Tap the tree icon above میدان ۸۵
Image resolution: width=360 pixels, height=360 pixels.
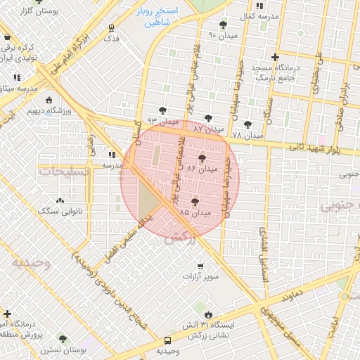point(195,202)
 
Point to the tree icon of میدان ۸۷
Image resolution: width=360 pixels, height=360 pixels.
point(207,118)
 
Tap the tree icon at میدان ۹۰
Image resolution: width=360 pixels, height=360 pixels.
point(224,25)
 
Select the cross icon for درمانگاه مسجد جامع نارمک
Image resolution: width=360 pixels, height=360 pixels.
point(275,58)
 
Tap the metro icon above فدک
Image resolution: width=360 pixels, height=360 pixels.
point(112,28)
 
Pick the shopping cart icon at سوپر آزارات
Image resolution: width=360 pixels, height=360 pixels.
point(201,266)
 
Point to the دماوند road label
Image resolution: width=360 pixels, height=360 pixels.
point(290,293)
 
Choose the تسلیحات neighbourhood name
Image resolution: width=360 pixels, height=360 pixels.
point(64,171)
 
